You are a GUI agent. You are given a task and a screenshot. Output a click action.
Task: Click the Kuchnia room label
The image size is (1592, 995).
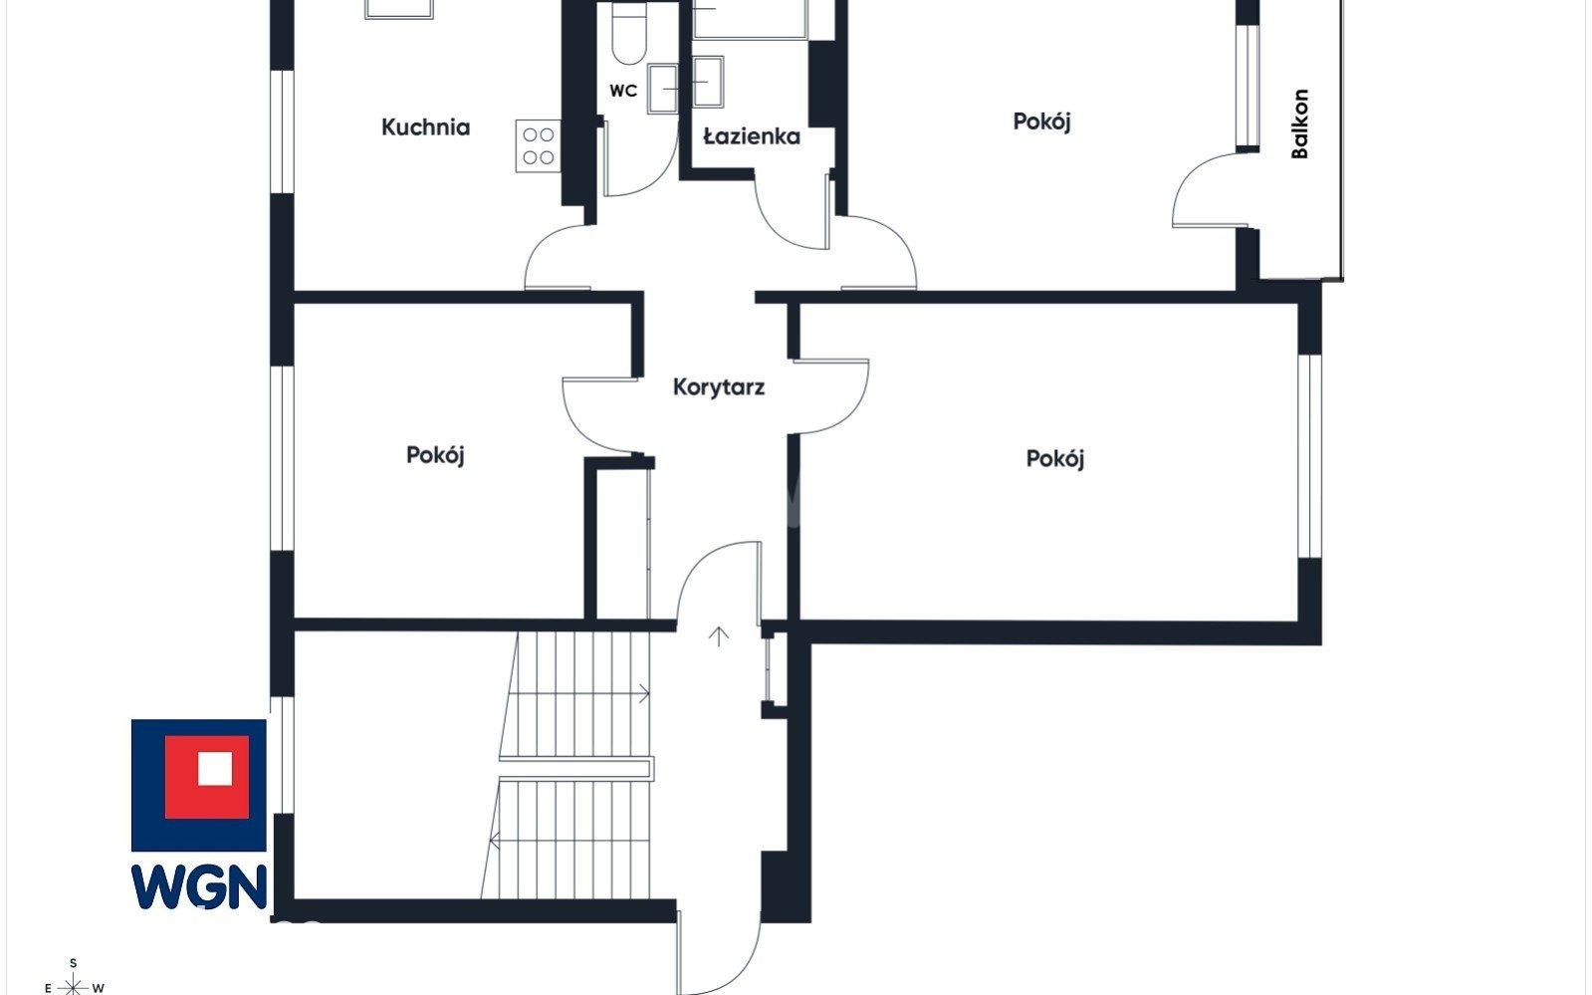(x=425, y=127)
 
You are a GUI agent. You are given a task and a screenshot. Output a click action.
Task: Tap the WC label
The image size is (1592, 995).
(x=623, y=91)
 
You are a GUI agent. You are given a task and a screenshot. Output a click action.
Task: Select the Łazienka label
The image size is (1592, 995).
(x=752, y=135)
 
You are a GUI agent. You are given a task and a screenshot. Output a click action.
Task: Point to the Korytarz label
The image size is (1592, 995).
(x=719, y=387)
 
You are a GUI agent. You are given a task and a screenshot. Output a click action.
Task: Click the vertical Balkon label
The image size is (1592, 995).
(x=1300, y=124)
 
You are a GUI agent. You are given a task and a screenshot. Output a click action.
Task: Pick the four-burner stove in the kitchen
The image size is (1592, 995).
(x=538, y=145)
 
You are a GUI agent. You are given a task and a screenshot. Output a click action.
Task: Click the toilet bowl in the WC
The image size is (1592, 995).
(x=628, y=36)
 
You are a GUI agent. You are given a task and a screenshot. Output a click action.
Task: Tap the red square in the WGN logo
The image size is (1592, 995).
(x=207, y=777)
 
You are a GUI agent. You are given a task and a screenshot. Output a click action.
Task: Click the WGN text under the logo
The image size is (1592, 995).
(x=199, y=886)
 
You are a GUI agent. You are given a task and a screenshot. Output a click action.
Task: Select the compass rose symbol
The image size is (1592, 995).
(x=74, y=986)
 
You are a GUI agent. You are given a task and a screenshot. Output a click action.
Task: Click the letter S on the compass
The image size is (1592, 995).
(x=74, y=964)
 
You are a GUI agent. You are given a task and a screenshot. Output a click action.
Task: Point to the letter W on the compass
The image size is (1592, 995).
(x=99, y=988)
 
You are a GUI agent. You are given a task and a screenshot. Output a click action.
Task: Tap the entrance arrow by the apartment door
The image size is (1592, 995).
(x=719, y=636)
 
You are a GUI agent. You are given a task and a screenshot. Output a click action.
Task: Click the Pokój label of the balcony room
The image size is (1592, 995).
(x=1041, y=122)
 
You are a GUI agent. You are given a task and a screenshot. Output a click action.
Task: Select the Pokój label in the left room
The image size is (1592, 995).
(x=435, y=455)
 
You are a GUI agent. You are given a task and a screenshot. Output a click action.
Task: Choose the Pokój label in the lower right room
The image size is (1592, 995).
(x=1054, y=459)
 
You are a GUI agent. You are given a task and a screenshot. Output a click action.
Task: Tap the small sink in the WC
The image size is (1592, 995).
(x=662, y=89)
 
